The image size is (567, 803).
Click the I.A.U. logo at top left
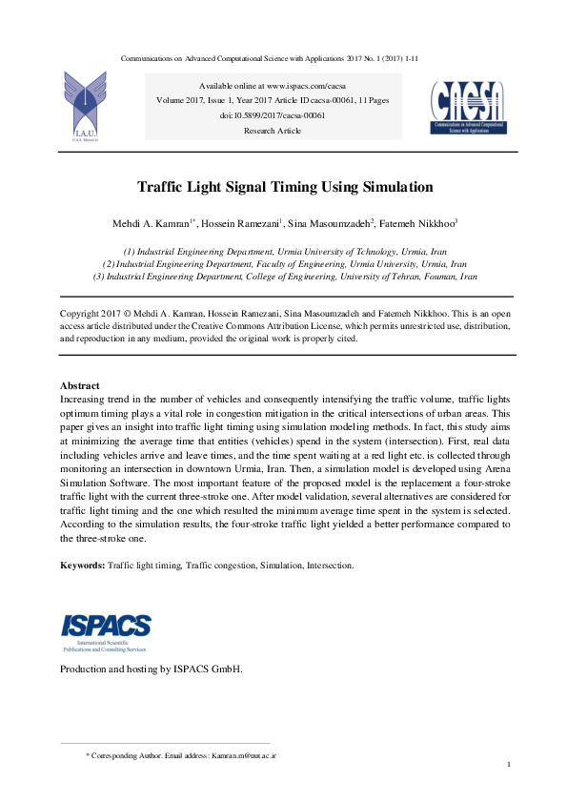click(84, 105)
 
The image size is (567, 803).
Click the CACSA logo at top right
click(468, 106)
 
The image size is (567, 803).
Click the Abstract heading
click(80, 385)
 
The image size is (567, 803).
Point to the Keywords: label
click(82, 566)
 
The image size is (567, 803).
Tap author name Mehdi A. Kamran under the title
click(150, 224)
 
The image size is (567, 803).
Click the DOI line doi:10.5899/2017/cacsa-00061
click(273, 115)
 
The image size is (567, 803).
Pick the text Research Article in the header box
click(272, 130)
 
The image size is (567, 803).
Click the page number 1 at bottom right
click(510, 765)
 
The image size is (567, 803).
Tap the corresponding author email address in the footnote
click(244, 754)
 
